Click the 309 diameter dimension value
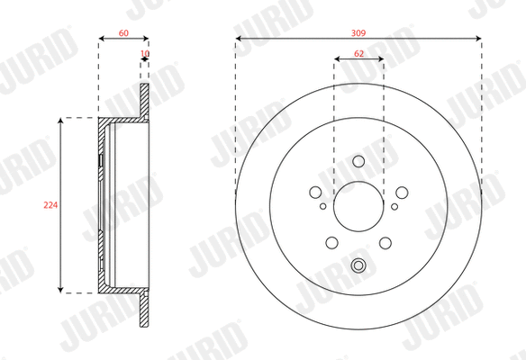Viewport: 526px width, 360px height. [358, 31]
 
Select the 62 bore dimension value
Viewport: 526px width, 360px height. [358, 54]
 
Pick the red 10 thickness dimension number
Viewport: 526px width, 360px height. [144, 54]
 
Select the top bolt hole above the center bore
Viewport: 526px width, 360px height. [358, 162]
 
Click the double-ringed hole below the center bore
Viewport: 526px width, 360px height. [358, 265]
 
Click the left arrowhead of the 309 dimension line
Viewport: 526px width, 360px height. [238, 38]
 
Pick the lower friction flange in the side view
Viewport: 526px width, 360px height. [144, 310]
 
